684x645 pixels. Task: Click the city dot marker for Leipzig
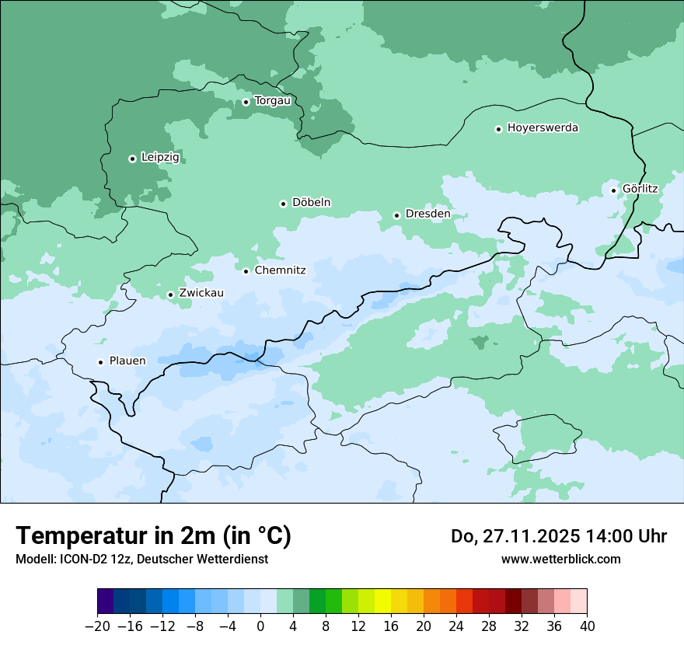pyautogui.click(x=132, y=159)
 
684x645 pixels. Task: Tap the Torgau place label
pyautogui.click(x=272, y=101)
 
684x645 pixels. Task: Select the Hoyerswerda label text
pyautogui.click(x=543, y=128)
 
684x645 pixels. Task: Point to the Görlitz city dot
pyautogui.click(x=613, y=190)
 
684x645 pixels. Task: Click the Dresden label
pyautogui.click(x=427, y=214)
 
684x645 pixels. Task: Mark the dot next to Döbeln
pyautogui.click(x=283, y=204)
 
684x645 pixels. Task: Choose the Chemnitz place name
pyautogui.click(x=280, y=271)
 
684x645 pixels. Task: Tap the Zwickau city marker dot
pyautogui.click(x=170, y=295)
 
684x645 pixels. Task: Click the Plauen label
pyautogui.click(x=127, y=361)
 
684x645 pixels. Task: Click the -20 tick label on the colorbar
pyautogui.click(x=97, y=626)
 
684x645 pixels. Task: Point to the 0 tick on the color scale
pyautogui.click(x=260, y=626)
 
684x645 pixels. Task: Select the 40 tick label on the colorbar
pyautogui.click(x=587, y=626)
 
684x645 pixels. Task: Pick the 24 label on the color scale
pyautogui.click(x=456, y=626)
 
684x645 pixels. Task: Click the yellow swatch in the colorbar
pyautogui.click(x=382, y=601)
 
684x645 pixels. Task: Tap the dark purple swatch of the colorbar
pyautogui.click(x=105, y=601)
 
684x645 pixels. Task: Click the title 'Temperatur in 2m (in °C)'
pyautogui.click(x=153, y=536)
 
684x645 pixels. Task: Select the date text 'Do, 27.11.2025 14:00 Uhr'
pyautogui.click(x=559, y=536)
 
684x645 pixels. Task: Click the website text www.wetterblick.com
pyautogui.click(x=560, y=559)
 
